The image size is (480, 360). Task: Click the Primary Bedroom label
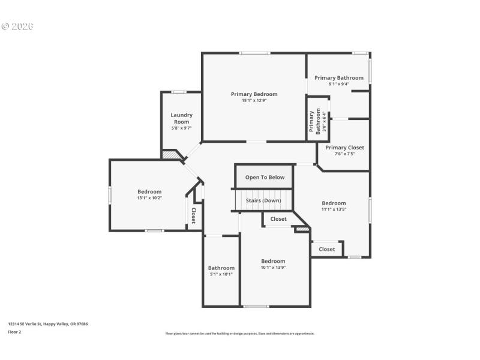[254, 94]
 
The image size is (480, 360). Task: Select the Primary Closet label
[344, 148]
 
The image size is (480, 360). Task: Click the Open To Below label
[265, 178]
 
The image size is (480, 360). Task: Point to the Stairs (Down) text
[263, 200]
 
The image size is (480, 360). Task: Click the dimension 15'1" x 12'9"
[254, 101]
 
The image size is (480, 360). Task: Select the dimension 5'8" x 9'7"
[181, 128]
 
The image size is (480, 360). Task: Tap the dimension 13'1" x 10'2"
[149, 198]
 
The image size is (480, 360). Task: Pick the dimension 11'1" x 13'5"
[334, 209]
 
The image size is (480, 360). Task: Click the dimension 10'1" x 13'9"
[273, 268]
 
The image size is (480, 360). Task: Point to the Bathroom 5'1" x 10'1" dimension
[221, 274]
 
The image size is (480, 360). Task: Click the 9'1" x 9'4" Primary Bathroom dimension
[339, 84]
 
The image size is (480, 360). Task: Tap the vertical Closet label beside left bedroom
[194, 216]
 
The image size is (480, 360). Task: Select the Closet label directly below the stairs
[278, 219]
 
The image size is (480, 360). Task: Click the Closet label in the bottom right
[327, 249]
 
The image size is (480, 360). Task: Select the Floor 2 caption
[14, 331]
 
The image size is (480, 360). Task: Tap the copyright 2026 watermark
[17, 26]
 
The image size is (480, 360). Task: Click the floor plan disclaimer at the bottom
[240, 334]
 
